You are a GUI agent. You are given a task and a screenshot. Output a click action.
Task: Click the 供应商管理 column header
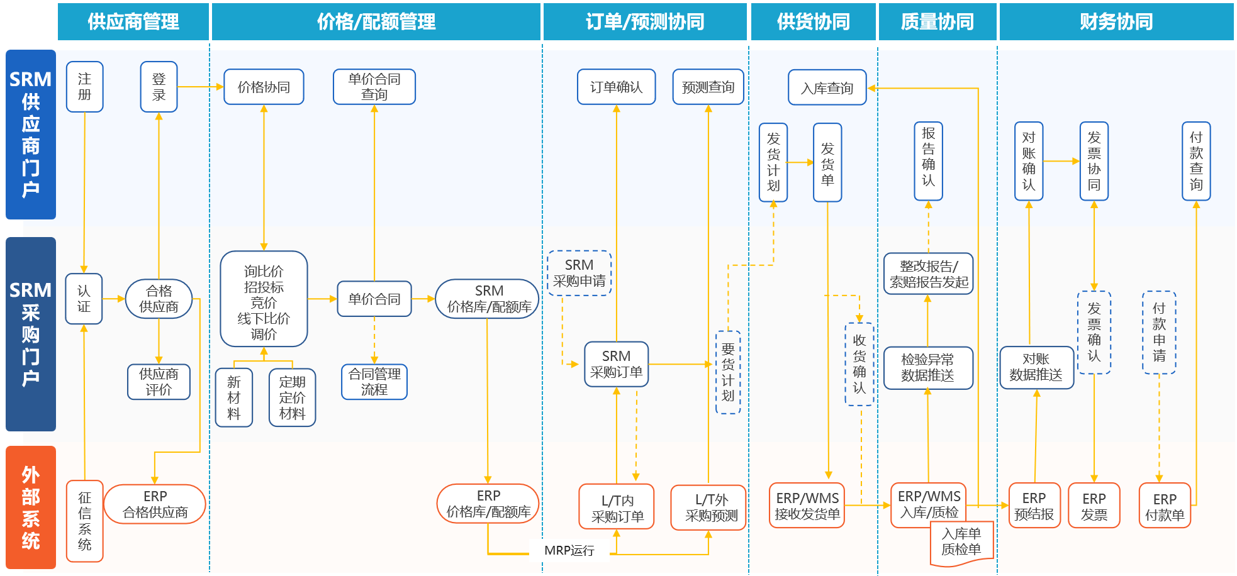133,22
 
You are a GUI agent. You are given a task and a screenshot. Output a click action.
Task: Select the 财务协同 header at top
1116,22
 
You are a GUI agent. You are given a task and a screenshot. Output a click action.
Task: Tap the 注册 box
84,87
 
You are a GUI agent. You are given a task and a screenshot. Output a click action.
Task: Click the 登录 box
159,87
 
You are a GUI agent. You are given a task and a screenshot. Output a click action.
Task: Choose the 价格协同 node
264,87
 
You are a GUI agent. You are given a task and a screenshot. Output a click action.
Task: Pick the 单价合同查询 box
374,87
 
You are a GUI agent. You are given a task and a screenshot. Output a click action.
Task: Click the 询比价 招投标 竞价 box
264,299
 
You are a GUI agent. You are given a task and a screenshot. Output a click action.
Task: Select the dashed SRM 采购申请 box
579,273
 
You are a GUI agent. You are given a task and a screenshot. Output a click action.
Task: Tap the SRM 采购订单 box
616,364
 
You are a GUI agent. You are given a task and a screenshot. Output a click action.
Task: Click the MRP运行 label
569,550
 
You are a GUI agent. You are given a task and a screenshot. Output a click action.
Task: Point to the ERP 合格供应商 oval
155,504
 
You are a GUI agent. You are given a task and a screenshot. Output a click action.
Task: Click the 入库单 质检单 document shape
961,542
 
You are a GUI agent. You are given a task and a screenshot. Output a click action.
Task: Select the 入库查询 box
827,88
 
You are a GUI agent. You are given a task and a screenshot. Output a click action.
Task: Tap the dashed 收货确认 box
859,364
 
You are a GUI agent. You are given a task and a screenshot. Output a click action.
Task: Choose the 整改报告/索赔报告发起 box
928,274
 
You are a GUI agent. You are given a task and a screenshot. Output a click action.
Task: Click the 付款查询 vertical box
1195,162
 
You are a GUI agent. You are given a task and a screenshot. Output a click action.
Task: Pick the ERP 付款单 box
1164,506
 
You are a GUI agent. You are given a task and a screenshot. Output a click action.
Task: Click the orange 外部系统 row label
31,507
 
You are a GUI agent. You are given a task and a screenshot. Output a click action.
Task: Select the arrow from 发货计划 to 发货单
800,162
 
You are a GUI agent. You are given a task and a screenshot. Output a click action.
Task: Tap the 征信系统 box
85,521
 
